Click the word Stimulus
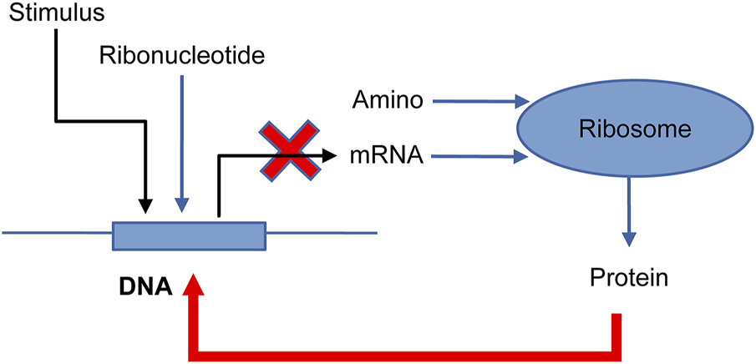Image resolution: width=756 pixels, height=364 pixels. click(x=52, y=15)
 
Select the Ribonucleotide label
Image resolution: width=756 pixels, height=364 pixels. click(x=180, y=55)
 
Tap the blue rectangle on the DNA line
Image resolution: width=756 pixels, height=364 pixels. click(x=189, y=236)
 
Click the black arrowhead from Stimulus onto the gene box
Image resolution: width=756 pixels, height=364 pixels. click(x=145, y=205)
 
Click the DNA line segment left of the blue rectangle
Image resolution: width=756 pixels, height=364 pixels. click(x=58, y=233)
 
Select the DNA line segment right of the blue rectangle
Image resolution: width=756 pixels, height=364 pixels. click(x=322, y=233)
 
